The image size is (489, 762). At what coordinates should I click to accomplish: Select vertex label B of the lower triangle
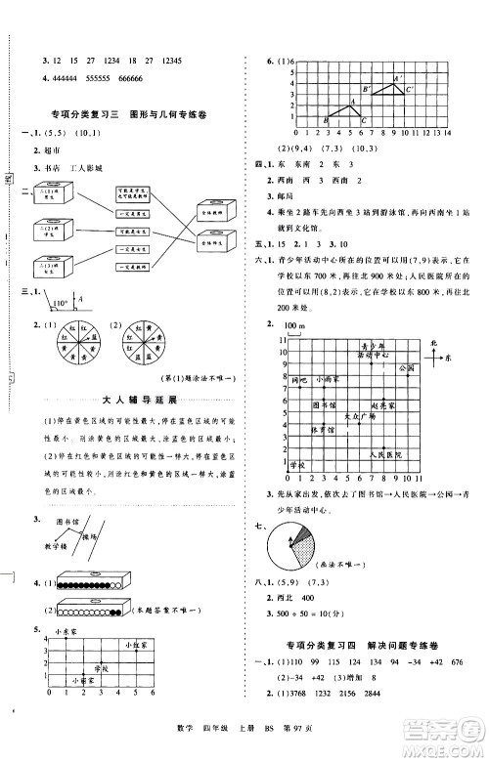(327, 120)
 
